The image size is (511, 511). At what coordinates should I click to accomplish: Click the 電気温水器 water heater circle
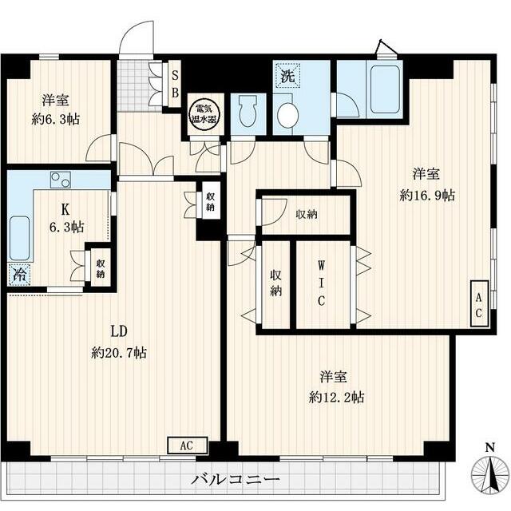click(x=205, y=114)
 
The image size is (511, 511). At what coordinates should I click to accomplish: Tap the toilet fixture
click(x=248, y=113)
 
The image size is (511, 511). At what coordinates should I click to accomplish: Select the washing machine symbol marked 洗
click(x=287, y=76)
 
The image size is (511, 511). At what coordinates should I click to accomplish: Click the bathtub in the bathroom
click(x=385, y=89)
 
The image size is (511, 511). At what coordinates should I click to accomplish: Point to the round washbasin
click(x=287, y=115)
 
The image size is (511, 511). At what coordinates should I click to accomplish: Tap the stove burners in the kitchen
click(x=61, y=180)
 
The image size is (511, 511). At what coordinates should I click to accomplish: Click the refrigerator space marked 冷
click(x=19, y=275)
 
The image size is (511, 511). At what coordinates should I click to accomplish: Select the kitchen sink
click(x=19, y=238)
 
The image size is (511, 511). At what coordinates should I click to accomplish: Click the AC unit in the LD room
click(x=188, y=446)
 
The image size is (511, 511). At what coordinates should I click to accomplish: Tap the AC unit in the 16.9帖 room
click(x=479, y=303)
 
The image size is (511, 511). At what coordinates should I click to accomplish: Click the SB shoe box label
click(x=175, y=84)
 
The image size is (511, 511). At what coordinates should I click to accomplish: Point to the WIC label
click(x=321, y=283)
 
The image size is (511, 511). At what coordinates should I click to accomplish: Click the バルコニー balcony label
click(x=236, y=479)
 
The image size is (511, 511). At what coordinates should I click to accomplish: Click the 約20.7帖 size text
click(x=119, y=353)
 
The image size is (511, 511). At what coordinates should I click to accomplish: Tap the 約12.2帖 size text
click(x=336, y=398)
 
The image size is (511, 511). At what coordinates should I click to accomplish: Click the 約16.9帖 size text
click(x=427, y=195)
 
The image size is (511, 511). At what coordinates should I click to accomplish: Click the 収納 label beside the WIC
click(x=275, y=283)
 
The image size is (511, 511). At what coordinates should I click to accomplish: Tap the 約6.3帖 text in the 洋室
click(x=56, y=120)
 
